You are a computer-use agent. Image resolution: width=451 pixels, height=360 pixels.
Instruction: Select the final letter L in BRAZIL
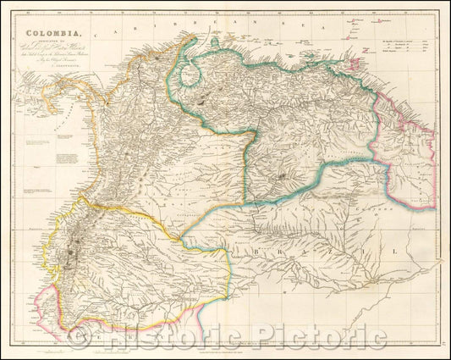391,252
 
